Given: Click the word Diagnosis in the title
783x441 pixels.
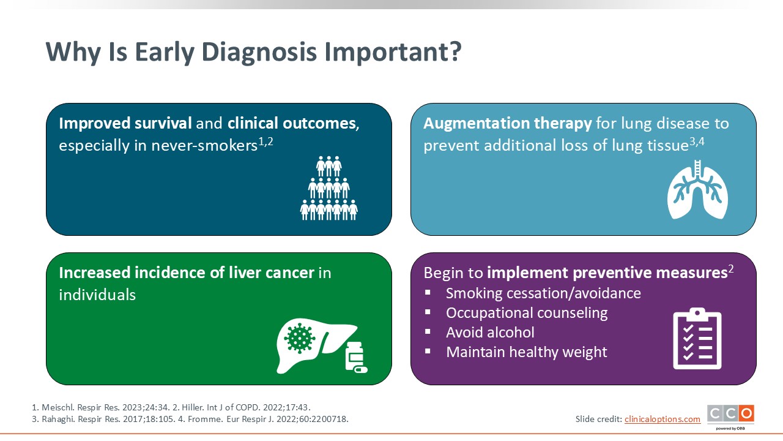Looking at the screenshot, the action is (x=259, y=53).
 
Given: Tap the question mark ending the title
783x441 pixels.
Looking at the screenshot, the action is (x=455, y=51).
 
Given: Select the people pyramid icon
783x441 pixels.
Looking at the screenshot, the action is (x=328, y=188).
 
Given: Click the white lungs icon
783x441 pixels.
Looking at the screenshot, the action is (x=697, y=190).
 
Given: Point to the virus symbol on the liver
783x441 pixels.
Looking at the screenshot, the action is (x=299, y=337).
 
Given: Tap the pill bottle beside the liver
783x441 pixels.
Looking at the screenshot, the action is (x=356, y=357).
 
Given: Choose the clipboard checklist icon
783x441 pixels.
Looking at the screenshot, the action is (x=697, y=339).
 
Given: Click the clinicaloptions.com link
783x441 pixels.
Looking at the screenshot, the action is (x=662, y=419).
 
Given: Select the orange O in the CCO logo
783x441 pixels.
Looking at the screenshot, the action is (x=746, y=413).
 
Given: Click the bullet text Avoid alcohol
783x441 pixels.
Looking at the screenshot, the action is (x=490, y=333).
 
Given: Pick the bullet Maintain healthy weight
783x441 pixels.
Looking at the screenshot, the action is (x=527, y=352).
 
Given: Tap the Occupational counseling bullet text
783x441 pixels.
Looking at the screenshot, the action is (x=527, y=313).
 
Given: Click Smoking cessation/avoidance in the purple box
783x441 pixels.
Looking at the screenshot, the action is (x=543, y=293).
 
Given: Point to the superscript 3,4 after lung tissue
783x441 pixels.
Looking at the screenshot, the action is (x=697, y=141).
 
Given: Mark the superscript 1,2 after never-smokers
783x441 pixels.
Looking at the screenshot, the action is (x=265, y=141).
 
